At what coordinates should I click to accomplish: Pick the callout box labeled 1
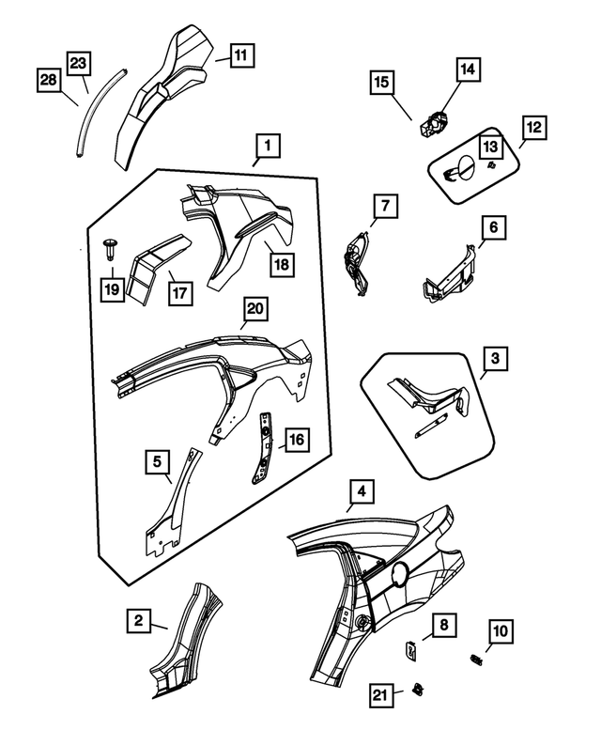point(268,146)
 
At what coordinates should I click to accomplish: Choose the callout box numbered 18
point(281,264)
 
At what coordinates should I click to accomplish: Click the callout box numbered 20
point(254,308)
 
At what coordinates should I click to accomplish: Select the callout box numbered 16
point(296,439)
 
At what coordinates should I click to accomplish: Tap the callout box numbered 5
point(159,461)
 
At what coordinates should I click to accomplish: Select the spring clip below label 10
point(475,660)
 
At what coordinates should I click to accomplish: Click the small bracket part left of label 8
point(411,646)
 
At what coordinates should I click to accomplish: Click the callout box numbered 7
point(385,205)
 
